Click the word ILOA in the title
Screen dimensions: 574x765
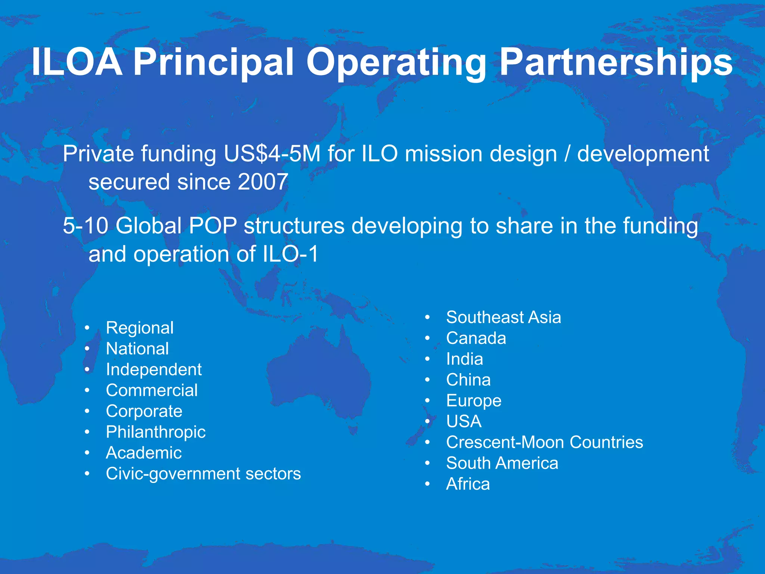(77, 62)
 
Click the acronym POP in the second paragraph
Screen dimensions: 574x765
(213, 226)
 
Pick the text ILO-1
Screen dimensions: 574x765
(291, 254)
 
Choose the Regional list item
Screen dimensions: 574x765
(140, 328)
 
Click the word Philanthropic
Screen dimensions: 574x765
(156, 432)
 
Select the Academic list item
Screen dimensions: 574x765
(144, 453)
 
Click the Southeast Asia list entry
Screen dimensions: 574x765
(504, 317)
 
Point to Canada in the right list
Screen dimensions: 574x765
(476, 338)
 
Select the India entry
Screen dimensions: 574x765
(464, 359)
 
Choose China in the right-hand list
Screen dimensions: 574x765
(468, 380)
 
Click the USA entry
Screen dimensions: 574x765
(464, 422)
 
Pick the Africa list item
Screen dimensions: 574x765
(468, 484)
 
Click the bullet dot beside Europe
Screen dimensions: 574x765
(428, 401)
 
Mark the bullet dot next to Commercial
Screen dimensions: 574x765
(87, 391)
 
